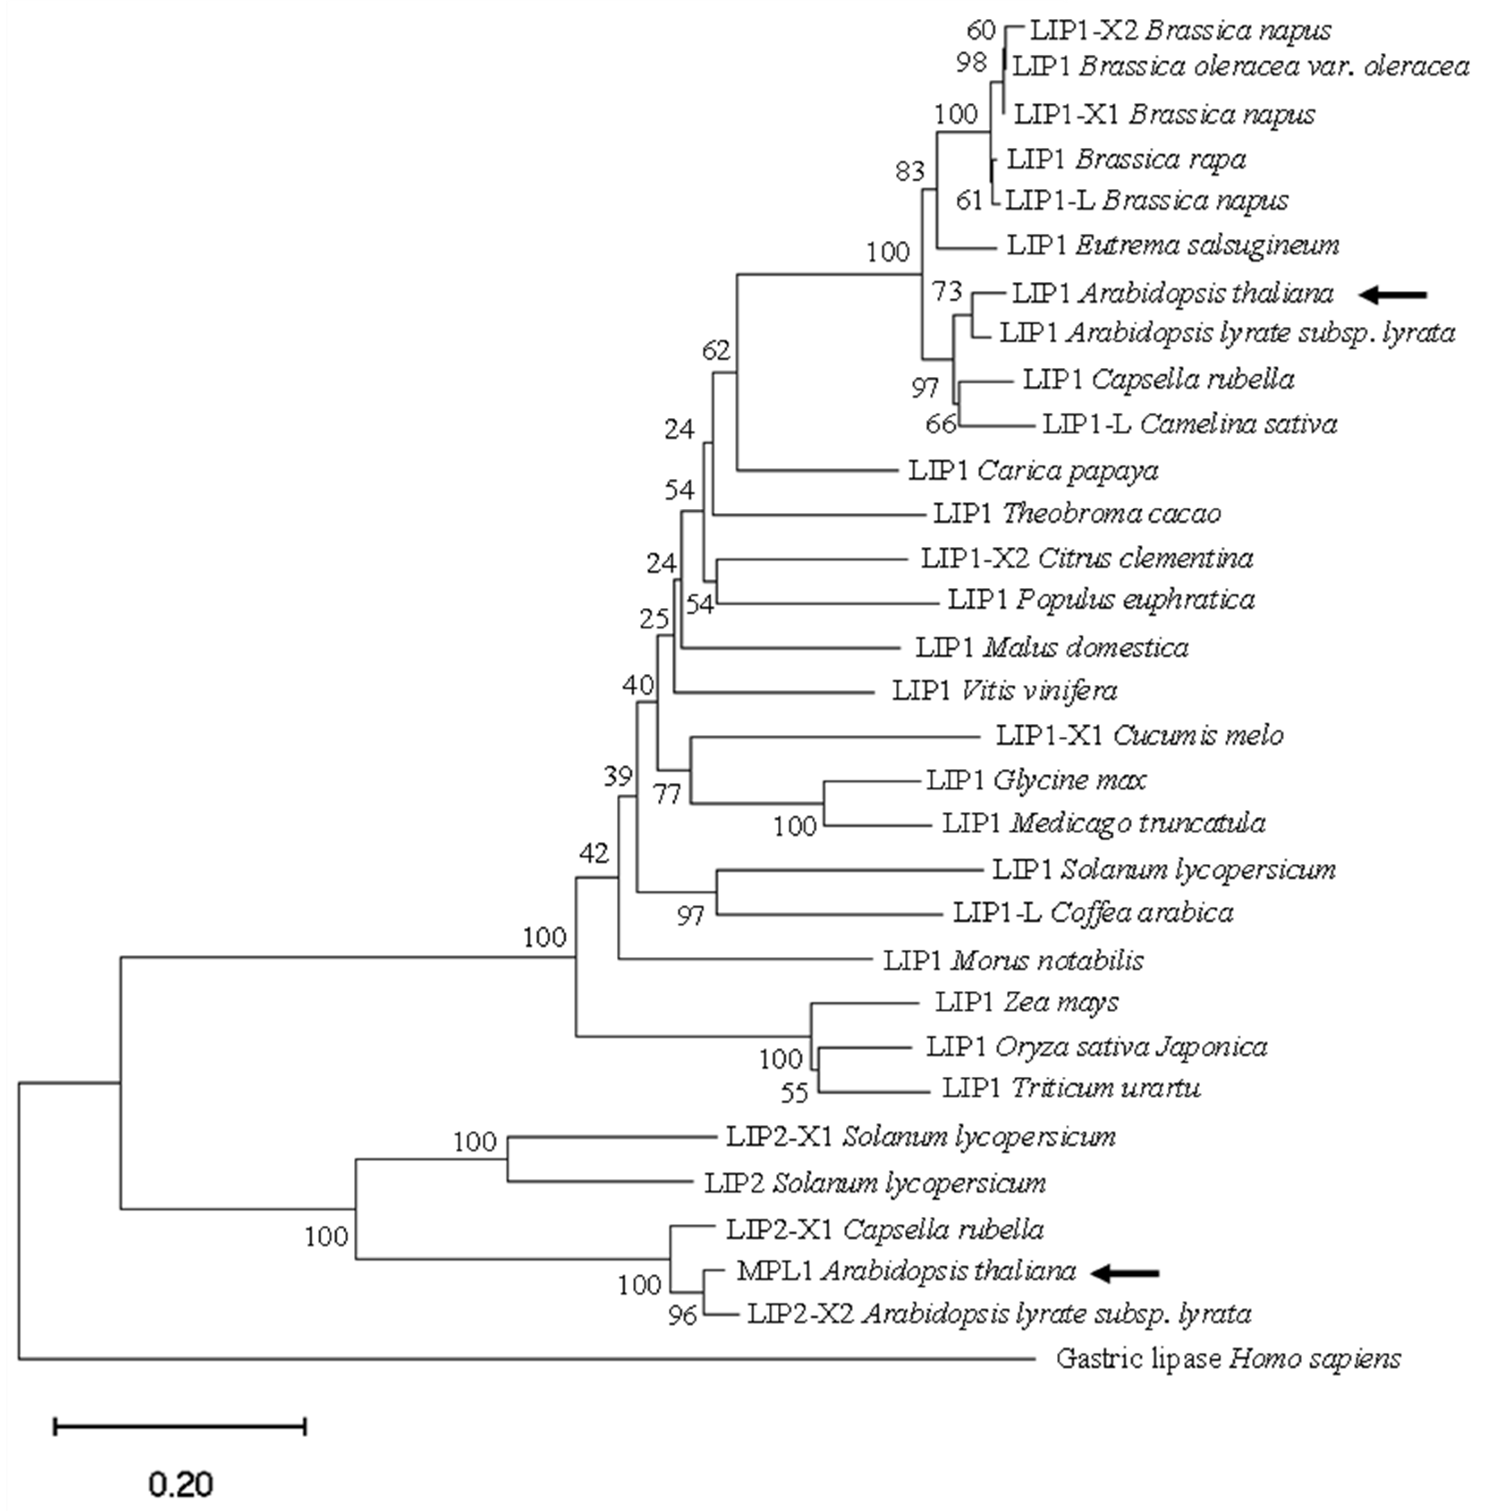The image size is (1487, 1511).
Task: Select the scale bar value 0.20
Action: [x=180, y=1484]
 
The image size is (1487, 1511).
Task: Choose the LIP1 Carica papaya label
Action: [x=1033, y=470]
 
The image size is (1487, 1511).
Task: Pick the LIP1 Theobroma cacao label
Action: [x=1077, y=514]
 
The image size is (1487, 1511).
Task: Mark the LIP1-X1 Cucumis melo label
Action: [x=1140, y=735]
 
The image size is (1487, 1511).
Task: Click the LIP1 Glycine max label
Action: [x=1036, y=780]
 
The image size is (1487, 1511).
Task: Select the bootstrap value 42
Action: [x=593, y=854]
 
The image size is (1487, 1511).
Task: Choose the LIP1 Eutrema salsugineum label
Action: [x=1173, y=245]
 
